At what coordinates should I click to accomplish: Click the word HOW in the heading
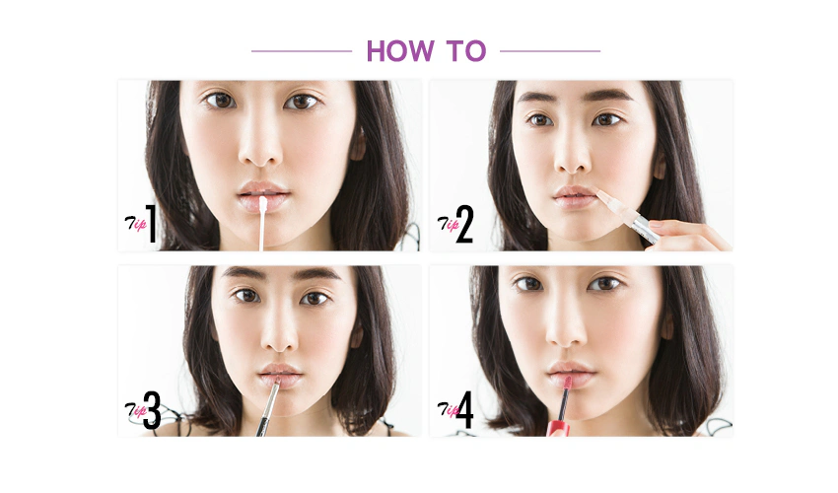tap(400, 51)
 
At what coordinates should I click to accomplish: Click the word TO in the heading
tap(466, 51)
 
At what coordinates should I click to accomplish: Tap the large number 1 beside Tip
tap(151, 224)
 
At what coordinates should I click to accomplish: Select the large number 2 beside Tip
tap(464, 225)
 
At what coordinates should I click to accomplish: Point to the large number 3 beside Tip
tap(152, 410)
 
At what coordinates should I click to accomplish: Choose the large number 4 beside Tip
tap(464, 409)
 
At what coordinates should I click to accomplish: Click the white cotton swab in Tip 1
tap(262, 224)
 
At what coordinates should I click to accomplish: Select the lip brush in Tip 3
tap(268, 407)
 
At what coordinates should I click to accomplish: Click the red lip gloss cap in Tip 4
tap(558, 428)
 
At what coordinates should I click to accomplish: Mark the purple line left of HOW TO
tap(302, 51)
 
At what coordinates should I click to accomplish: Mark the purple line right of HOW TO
tap(550, 51)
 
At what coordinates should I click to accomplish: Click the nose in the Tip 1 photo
tap(259, 146)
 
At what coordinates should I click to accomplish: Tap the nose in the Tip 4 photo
tap(566, 329)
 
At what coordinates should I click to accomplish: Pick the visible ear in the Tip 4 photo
tap(667, 323)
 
